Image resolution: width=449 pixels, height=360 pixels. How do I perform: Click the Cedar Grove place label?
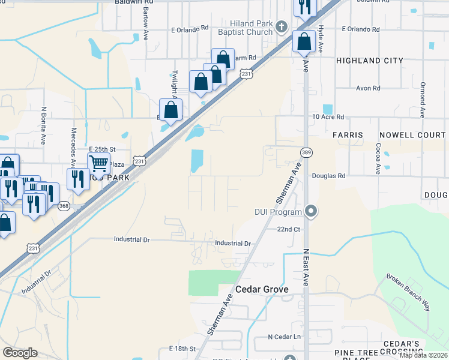(261, 289)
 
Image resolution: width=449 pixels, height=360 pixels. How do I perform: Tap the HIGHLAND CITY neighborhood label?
(366, 61)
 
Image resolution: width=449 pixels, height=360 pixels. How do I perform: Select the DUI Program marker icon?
(310, 211)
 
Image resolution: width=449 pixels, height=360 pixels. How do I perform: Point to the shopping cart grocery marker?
(98, 162)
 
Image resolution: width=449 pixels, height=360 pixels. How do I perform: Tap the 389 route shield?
(306, 152)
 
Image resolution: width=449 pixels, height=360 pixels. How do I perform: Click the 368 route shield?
(64, 206)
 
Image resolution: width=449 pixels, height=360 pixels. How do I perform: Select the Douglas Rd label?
(329, 176)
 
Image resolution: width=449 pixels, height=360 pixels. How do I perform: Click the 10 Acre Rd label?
(328, 117)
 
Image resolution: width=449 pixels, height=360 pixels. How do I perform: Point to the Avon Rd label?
(369, 88)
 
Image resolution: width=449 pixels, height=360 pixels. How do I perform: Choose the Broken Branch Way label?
(408, 292)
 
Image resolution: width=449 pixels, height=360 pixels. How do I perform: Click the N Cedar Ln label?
(285, 337)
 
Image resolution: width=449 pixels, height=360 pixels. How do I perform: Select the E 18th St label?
(183, 349)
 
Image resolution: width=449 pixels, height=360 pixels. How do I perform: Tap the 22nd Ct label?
(288, 229)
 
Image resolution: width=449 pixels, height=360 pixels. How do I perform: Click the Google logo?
(20, 353)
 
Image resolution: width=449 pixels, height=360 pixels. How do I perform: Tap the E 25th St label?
(101, 149)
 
